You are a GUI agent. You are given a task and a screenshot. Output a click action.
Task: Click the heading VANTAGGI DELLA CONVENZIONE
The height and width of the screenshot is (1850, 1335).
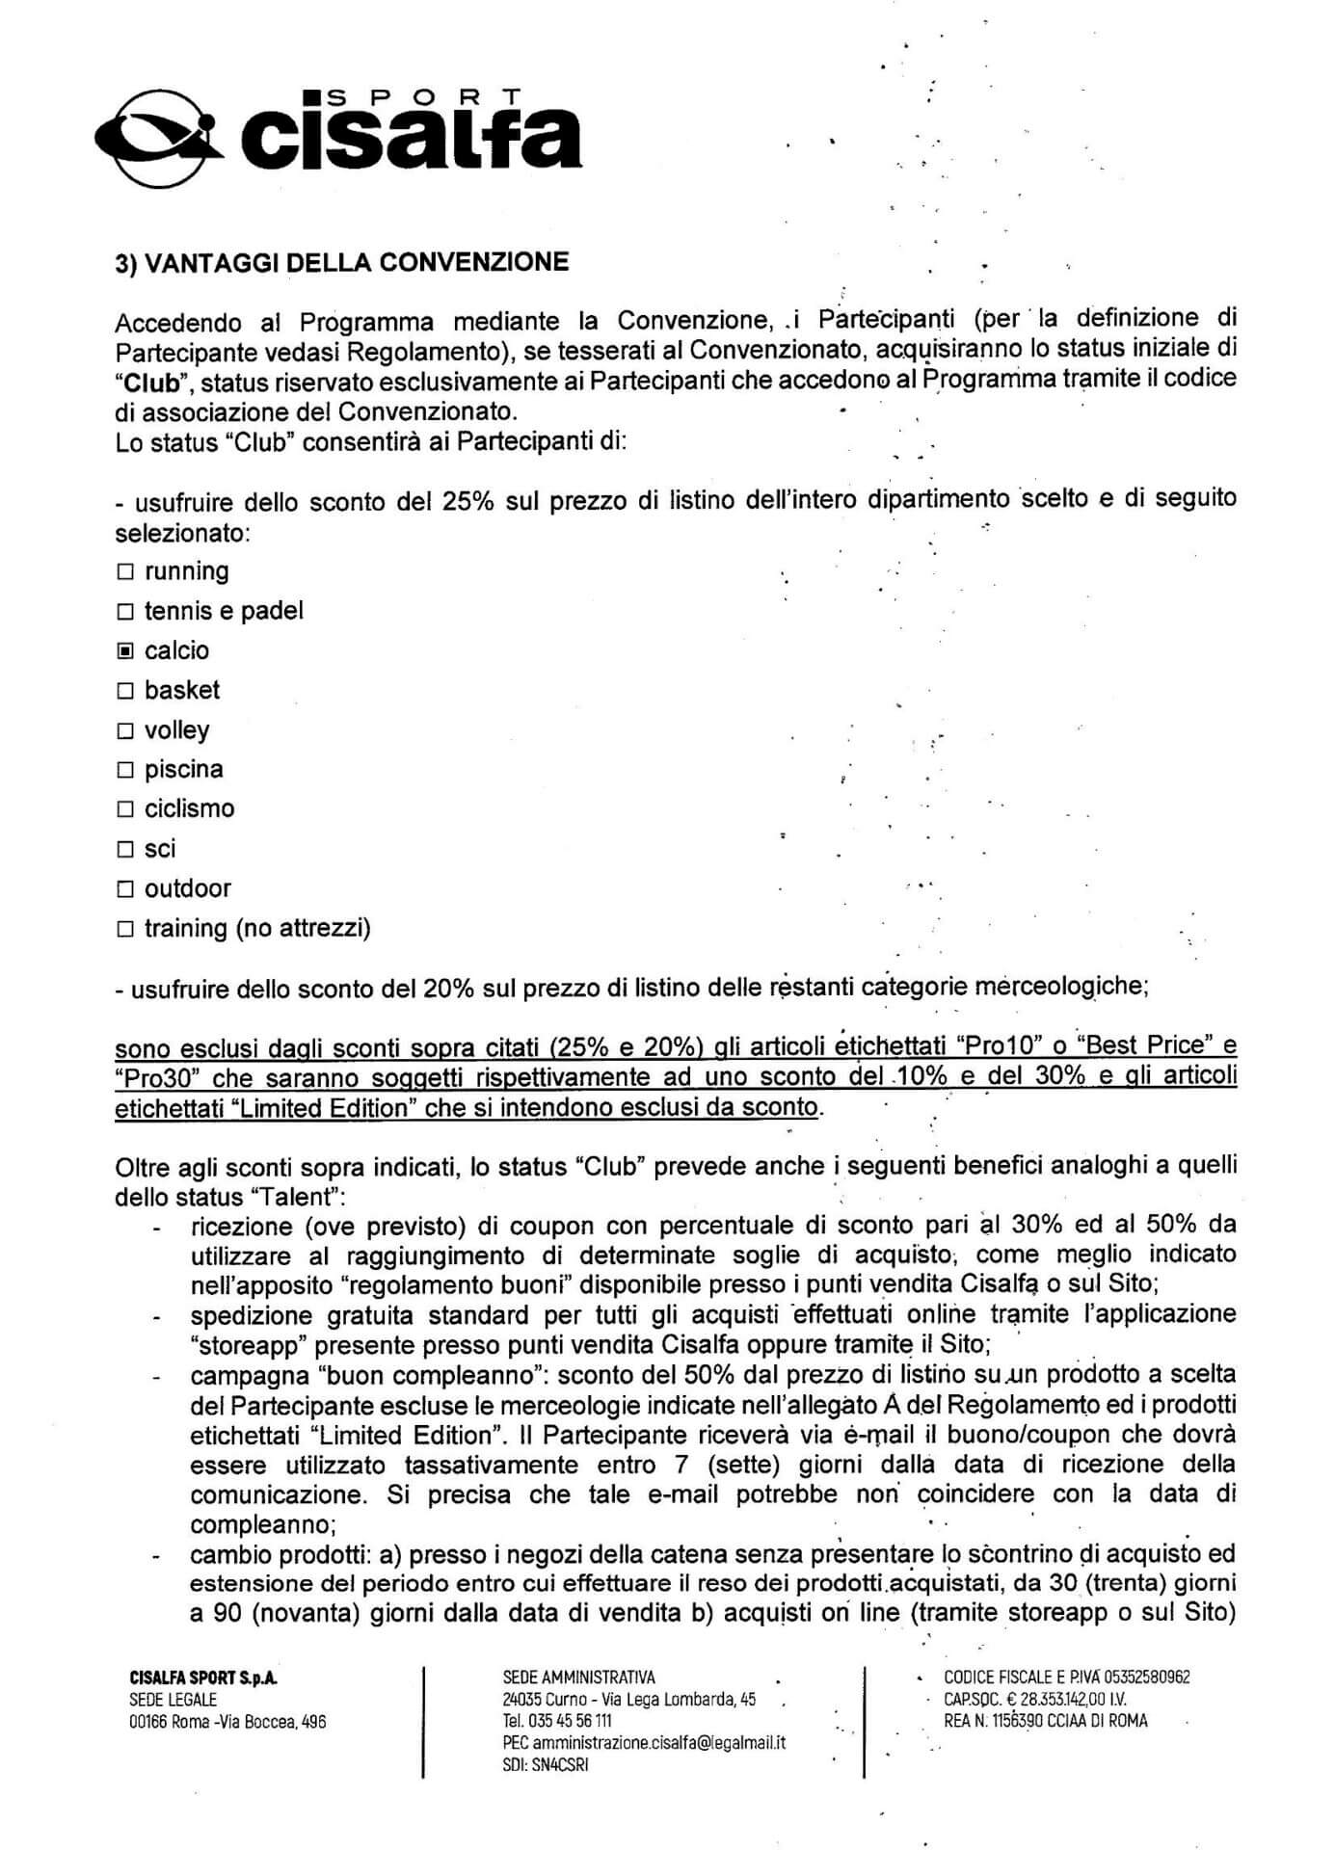(341, 263)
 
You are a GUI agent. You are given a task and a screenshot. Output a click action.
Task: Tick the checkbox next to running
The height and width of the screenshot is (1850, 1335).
(124, 572)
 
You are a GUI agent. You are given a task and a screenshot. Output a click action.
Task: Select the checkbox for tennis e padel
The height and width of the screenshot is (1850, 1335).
(124, 612)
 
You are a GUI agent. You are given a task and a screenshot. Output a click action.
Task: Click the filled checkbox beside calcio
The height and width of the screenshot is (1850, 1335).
(124, 651)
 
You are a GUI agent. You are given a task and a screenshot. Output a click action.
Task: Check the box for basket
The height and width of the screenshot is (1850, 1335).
(124, 691)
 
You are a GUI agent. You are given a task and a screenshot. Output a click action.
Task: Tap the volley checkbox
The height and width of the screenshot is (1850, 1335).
(124, 731)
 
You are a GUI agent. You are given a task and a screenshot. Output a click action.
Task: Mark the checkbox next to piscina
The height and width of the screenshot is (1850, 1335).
(124, 770)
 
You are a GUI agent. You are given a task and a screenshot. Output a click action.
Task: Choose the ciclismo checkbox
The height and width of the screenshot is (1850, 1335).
(124, 809)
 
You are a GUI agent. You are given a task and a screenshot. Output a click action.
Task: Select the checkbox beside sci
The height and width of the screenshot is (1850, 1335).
(124, 850)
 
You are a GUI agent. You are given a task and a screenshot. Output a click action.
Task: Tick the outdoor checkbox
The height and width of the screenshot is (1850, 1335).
(124, 889)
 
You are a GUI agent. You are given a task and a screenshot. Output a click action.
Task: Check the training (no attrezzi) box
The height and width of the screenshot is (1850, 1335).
(124, 930)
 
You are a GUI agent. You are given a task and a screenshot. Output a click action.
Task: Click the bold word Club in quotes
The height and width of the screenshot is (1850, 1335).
(152, 381)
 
